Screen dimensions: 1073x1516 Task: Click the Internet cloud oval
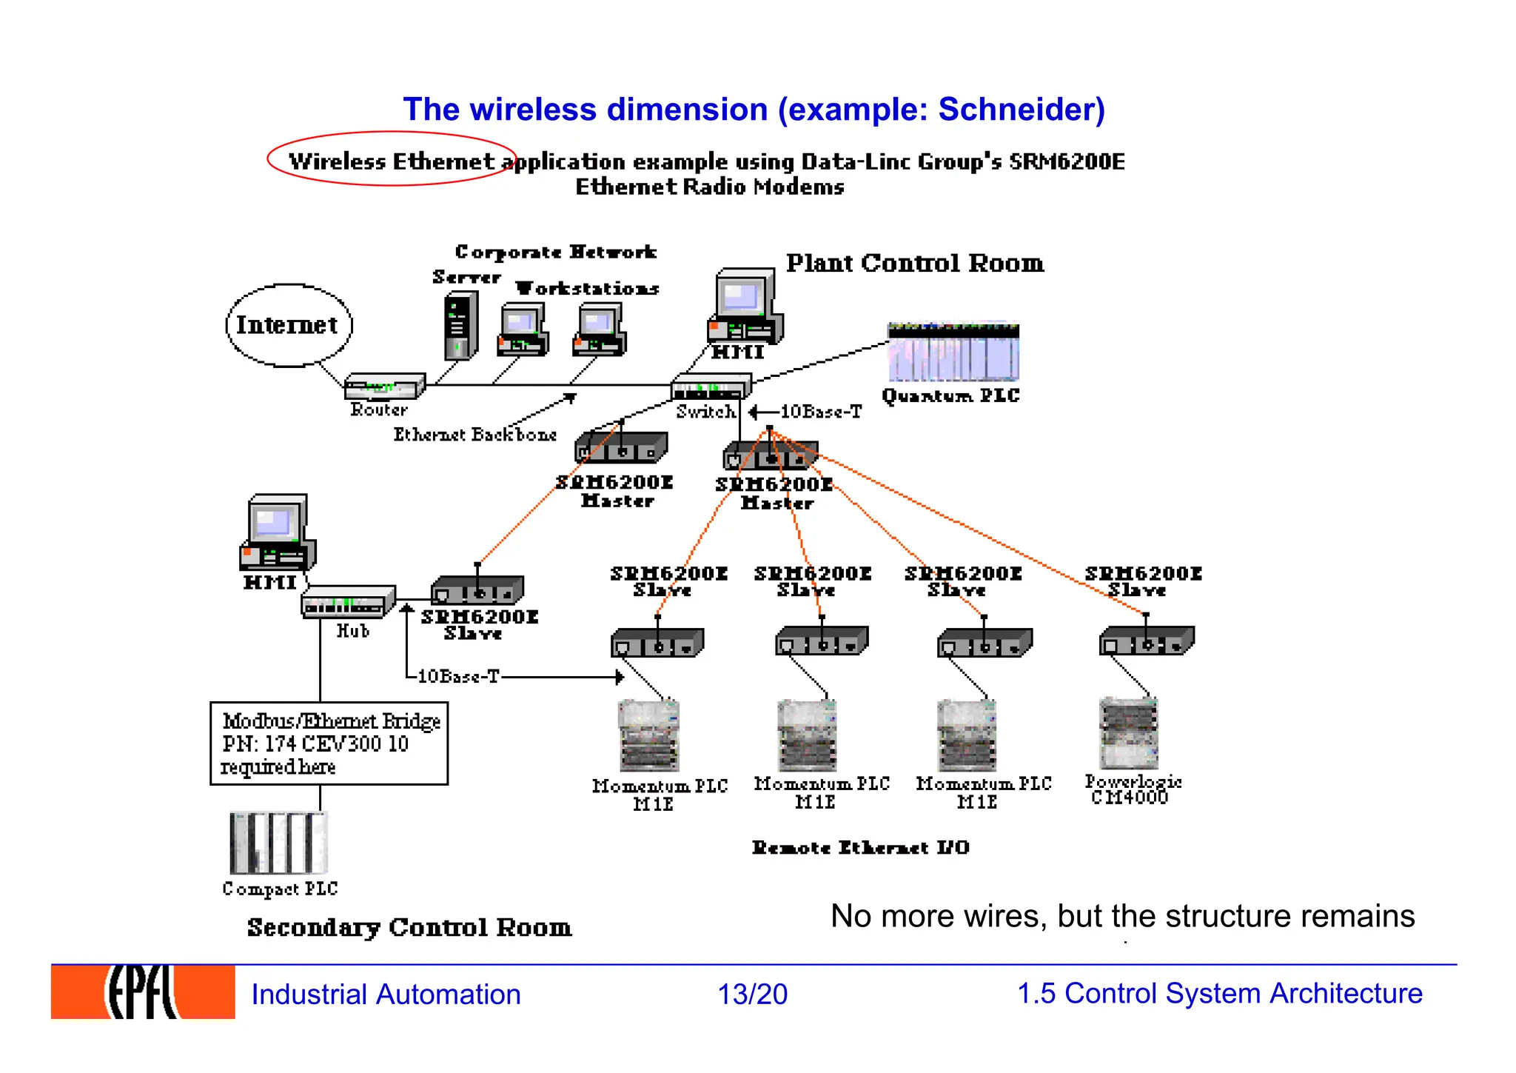(x=289, y=325)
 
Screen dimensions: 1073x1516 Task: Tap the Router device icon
(x=384, y=386)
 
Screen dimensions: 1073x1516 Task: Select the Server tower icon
(x=460, y=326)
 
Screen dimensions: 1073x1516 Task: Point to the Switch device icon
(x=710, y=387)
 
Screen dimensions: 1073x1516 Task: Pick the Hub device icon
(x=346, y=601)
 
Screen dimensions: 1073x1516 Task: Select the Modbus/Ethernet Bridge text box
(x=329, y=743)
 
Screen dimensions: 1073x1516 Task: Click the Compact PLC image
(x=278, y=843)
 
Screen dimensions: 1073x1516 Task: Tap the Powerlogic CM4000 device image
(x=1129, y=733)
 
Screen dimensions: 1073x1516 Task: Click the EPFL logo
(x=143, y=992)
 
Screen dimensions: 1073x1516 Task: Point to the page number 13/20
(x=752, y=994)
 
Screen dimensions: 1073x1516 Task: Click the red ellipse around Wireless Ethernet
(x=391, y=158)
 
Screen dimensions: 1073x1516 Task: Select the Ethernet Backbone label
(x=474, y=435)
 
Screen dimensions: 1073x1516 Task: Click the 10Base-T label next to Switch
(x=821, y=412)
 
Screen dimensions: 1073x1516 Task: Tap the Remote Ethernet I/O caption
(x=860, y=847)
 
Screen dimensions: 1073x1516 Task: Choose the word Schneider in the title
(x=1022, y=110)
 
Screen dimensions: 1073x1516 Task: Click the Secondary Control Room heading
(x=409, y=927)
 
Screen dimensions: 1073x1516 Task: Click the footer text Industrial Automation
(x=386, y=994)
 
